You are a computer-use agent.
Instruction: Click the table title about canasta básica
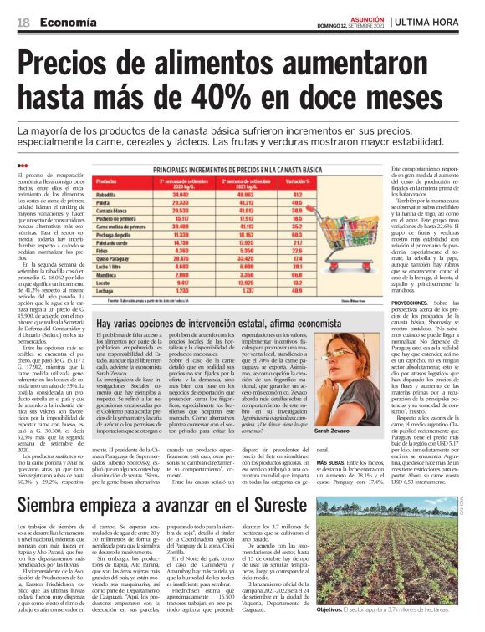tap(240, 169)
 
